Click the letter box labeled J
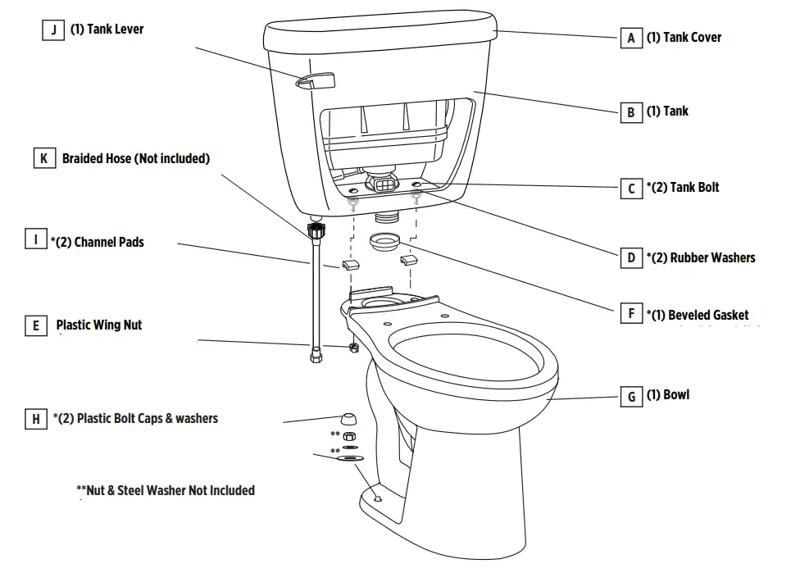coord(54,30)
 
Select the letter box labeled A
coord(630,38)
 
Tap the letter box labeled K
coord(44,158)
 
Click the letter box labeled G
coord(630,397)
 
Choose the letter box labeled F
coord(630,313)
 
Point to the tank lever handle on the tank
coord(316,80)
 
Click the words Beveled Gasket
coord(707,315)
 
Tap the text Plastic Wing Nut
coord(98,325)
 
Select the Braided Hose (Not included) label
coord(135,158)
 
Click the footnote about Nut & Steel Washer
coord(166,490)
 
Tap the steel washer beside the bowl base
coord(350,462)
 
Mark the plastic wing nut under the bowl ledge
coord(352,348)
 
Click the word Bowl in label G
coord(676,395)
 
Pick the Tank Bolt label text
coord(693,187)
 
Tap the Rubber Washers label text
coord(712,257)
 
